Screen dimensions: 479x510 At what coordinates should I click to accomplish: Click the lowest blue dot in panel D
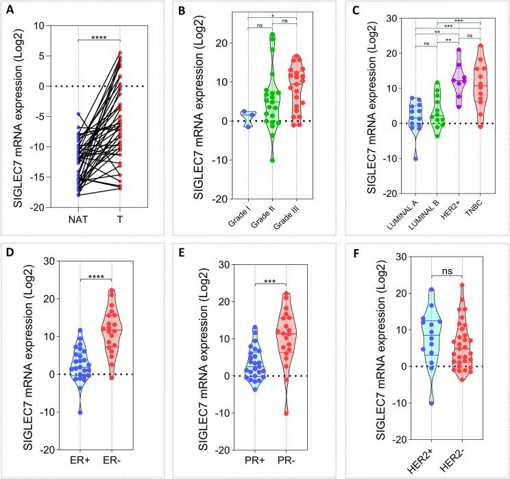click(x=80, y=412)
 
